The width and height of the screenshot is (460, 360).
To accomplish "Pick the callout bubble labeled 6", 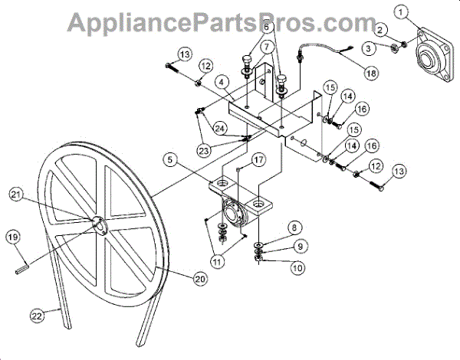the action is point(267,26).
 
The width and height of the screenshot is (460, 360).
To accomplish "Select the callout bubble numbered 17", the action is point(258,161).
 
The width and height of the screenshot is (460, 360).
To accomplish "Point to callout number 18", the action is point(371,74).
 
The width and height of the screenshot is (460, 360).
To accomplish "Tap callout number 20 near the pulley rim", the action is point(199,280).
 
